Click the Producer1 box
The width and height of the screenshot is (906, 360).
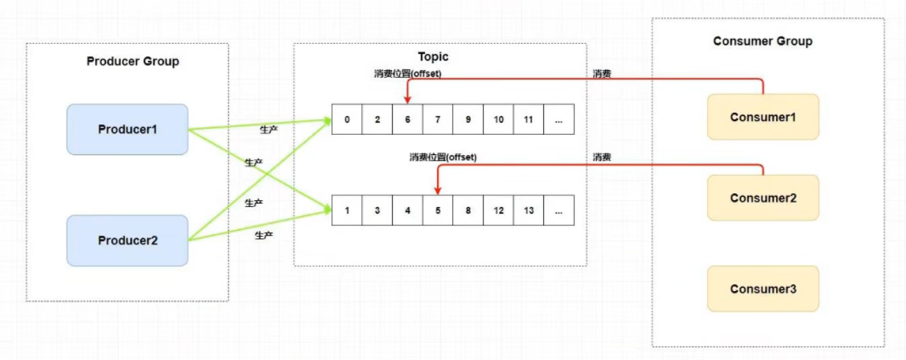click(x=127, y=129)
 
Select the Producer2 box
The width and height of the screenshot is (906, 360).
click(x=127, y=240)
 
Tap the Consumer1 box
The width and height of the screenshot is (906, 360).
click(x=763, y=117)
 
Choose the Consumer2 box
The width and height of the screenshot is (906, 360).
click(x=763, y=198)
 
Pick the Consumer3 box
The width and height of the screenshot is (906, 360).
click(x=763, y=288)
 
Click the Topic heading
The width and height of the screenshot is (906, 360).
click(x=433, y=57)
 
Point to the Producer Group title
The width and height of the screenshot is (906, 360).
click(x=133, y=61)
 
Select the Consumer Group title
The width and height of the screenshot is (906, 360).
click(x=762, y=41)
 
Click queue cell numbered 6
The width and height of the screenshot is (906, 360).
click(x=407, y=120)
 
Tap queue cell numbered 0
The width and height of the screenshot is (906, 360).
click(x=347, y=120)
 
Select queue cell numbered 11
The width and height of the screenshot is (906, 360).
click(x=529, y=120)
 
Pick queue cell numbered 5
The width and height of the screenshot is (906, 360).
click(x=438, y=210)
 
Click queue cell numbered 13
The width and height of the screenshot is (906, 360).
click(x=529, y=210)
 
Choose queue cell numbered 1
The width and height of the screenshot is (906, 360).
click(x=347, y=210)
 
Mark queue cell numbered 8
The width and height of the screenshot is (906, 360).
click(x=468, y=210)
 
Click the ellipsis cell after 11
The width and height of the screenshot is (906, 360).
click(x=559, y=120)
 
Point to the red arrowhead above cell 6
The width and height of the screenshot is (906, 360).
click(x=407, y=100)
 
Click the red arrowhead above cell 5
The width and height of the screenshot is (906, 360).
click(x=438, y=190)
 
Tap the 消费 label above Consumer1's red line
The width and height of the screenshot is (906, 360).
click(x=602, y=73)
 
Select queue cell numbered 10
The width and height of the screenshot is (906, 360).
click(x=498, y=120)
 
